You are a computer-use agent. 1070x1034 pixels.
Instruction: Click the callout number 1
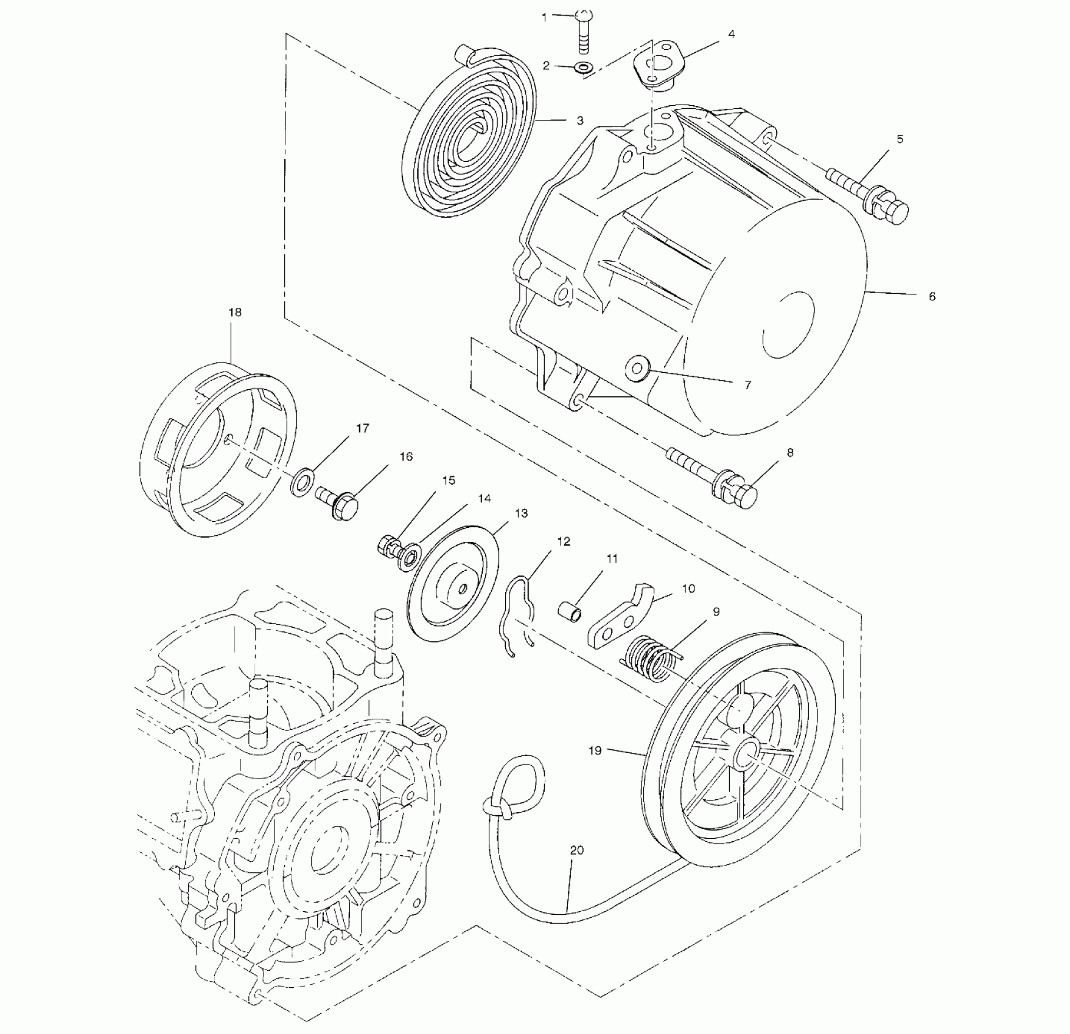click(x=545, y=18)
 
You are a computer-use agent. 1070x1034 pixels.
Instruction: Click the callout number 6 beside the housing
click(x=931, y=296)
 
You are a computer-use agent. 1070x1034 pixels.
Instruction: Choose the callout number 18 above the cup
click(x=235, y=312)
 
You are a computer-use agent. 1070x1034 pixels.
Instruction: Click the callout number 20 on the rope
click(x=576, y=850)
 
